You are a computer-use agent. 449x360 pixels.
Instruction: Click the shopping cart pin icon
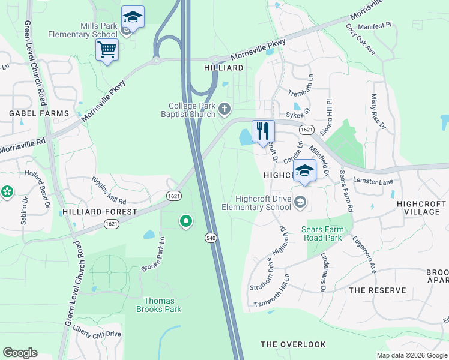[x=107, y=50]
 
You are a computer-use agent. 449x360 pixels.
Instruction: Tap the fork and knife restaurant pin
[x=262, y=131]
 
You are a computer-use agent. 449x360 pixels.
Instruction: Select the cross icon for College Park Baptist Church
[x=224, y=109]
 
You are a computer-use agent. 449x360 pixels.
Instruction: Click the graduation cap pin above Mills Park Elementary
[x=133, y=17]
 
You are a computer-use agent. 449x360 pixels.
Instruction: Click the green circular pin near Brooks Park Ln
[x=185, y=222]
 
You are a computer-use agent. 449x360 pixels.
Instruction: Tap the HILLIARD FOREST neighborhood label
[x=99, y=212]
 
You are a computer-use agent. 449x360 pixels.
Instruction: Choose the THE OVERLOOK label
[x=293, y=344]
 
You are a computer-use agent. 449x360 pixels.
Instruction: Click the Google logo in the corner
[x=20, y=353]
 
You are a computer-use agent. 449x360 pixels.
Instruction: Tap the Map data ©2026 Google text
[x=412, y=355]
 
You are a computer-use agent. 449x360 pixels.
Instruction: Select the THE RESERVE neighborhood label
[x=373, y=290]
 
